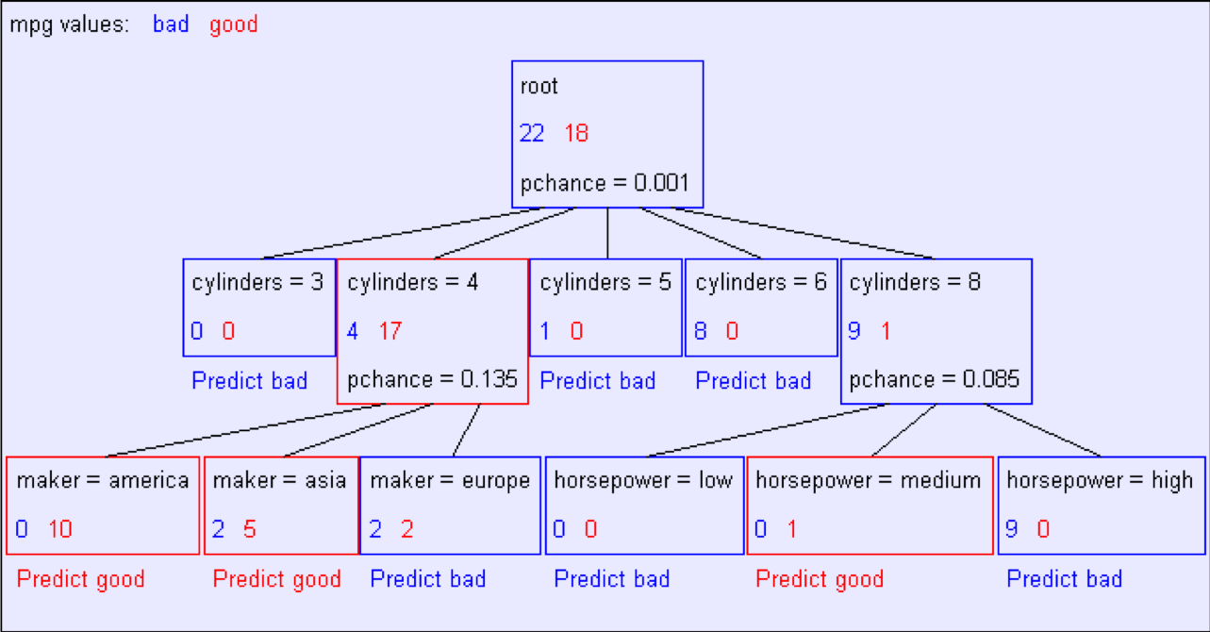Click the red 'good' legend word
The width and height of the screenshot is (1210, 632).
233,25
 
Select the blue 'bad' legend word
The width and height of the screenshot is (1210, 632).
171,25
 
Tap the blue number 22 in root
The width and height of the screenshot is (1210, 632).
532,133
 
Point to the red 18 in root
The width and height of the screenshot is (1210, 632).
576,133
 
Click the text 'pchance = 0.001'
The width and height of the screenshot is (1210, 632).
605,184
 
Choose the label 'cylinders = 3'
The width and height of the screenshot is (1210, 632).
257,282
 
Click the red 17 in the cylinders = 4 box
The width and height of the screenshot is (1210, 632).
390,331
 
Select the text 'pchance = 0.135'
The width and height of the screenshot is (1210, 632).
432,380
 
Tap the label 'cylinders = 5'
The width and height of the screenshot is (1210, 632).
605,282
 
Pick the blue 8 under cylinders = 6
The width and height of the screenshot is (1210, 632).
701,331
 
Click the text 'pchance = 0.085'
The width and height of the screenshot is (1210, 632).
934,380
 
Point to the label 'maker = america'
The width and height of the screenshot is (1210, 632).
103,480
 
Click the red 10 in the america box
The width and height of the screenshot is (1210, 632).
60,529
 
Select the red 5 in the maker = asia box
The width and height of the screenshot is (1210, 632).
250,529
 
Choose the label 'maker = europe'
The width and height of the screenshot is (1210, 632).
450,481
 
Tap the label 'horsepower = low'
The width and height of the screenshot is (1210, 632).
643,481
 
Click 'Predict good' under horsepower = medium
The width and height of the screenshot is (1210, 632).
820,579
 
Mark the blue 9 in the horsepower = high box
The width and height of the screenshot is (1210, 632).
1012,529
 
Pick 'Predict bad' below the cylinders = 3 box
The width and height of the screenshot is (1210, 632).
250,381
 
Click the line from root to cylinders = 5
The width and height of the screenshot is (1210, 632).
607,233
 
